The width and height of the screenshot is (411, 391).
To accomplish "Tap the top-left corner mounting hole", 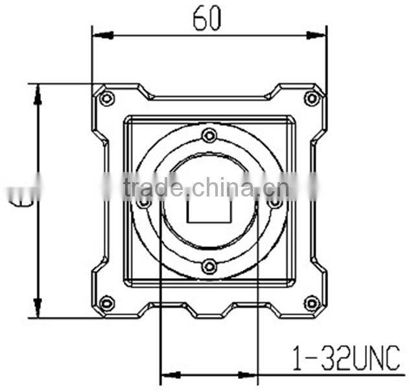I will (x=108, y=98).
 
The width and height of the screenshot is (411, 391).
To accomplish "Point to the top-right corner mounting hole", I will (x=312, y=98).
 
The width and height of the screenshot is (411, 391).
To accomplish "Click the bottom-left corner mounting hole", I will (x=108, y=303).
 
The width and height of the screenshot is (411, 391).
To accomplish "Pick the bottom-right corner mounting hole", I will (x=312, y=303).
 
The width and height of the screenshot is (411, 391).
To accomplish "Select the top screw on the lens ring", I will (x=209, y=136).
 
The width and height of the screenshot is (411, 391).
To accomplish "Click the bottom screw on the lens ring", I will (x=209, y=266).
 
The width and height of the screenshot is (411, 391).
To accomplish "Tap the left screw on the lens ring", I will (x=144, y=202).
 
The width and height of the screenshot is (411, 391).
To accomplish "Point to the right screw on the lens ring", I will (x=275, y=202).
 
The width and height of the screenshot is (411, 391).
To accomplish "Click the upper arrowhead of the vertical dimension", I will (x=38, y=94).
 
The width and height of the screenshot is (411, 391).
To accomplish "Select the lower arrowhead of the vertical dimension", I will (x=38, y=307).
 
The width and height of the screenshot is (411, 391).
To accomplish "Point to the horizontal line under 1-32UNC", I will (x=331, y=375).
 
